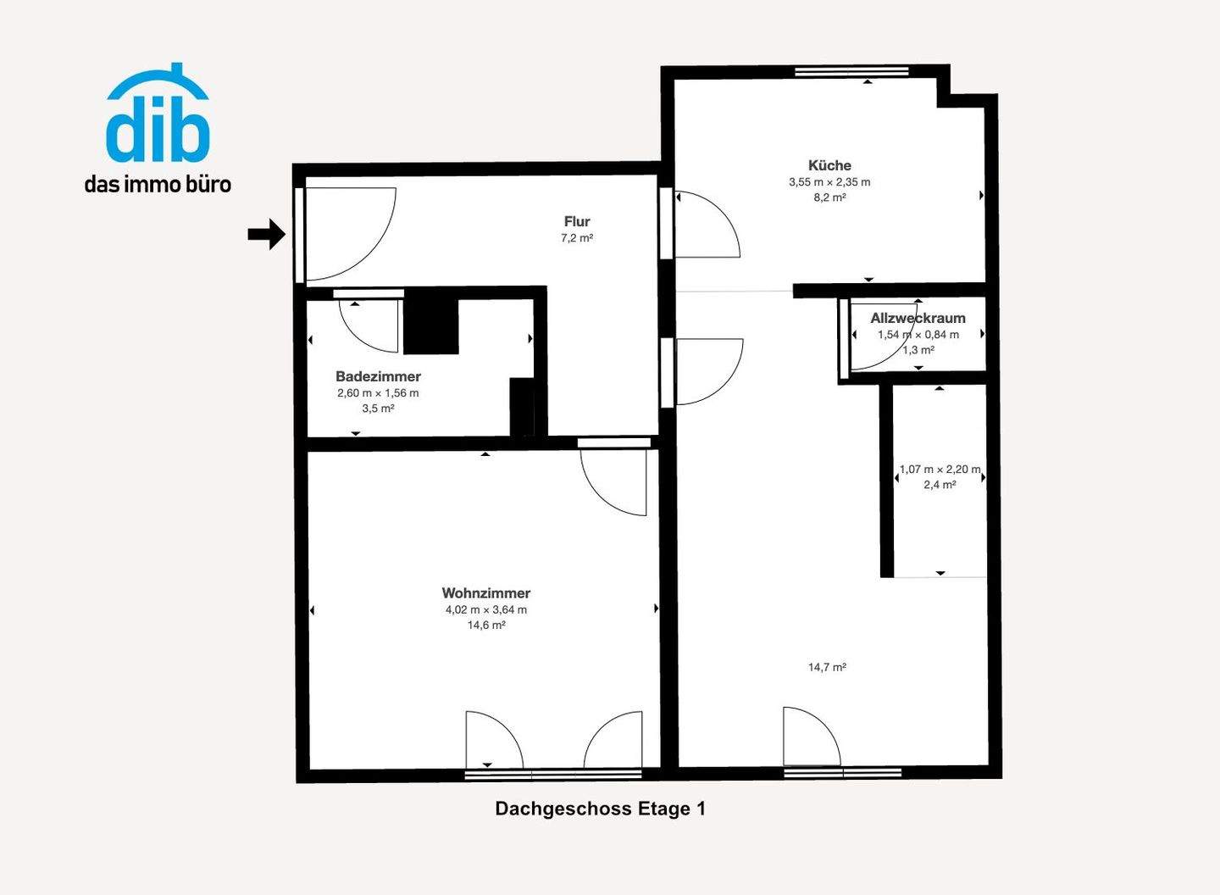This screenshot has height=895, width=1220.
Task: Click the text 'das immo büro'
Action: click(158, 184)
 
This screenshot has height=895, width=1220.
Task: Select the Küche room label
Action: click(829, 165)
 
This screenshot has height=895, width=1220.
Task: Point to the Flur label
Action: click(577, 221)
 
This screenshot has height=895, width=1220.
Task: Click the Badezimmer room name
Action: click(378, 376)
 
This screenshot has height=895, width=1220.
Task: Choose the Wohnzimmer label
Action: click(486, 593)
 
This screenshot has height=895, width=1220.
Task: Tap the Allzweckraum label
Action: click(918, 319)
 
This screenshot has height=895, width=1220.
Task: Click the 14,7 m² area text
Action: click(827, 667)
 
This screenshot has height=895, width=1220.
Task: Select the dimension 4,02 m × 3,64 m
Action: click(486, 609)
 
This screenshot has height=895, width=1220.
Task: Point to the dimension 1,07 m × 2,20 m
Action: click(940, 470)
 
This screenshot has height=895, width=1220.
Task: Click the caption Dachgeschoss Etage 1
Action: click(600, 809)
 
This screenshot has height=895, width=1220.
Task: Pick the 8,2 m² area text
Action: click(829, 197)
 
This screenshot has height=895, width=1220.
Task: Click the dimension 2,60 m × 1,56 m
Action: click(378, 393)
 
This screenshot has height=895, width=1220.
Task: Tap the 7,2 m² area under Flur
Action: click(577, 238)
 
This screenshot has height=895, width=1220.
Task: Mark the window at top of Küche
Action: click(851, 72)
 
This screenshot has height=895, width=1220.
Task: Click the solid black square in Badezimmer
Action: click(431, 326)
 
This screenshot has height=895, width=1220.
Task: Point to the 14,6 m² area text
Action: click(486, 625)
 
